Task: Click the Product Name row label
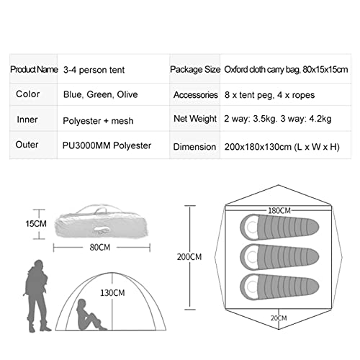tap(34, 70)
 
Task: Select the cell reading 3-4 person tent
tap(94, 70)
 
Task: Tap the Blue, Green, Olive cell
tap(101, 94)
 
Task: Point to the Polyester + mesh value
tap(98, 121)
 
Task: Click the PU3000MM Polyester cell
tap(107, 145)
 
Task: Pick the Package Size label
tap(195, 70)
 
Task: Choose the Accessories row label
tap(196, 95)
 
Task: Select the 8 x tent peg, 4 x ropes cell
tap(269, 95)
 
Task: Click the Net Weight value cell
tap(278, 119)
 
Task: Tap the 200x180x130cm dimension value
tap(282, 147)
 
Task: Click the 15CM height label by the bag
tap(36, 224)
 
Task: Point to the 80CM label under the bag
tap(100, 247)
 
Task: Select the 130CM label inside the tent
tap(112, 293)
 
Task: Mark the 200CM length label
tap(189, 257)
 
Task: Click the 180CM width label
tap(279, 211)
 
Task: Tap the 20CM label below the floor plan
tap(279, 318)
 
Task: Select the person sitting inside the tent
tap(90, 315)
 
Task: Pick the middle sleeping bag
tap(279, 257)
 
